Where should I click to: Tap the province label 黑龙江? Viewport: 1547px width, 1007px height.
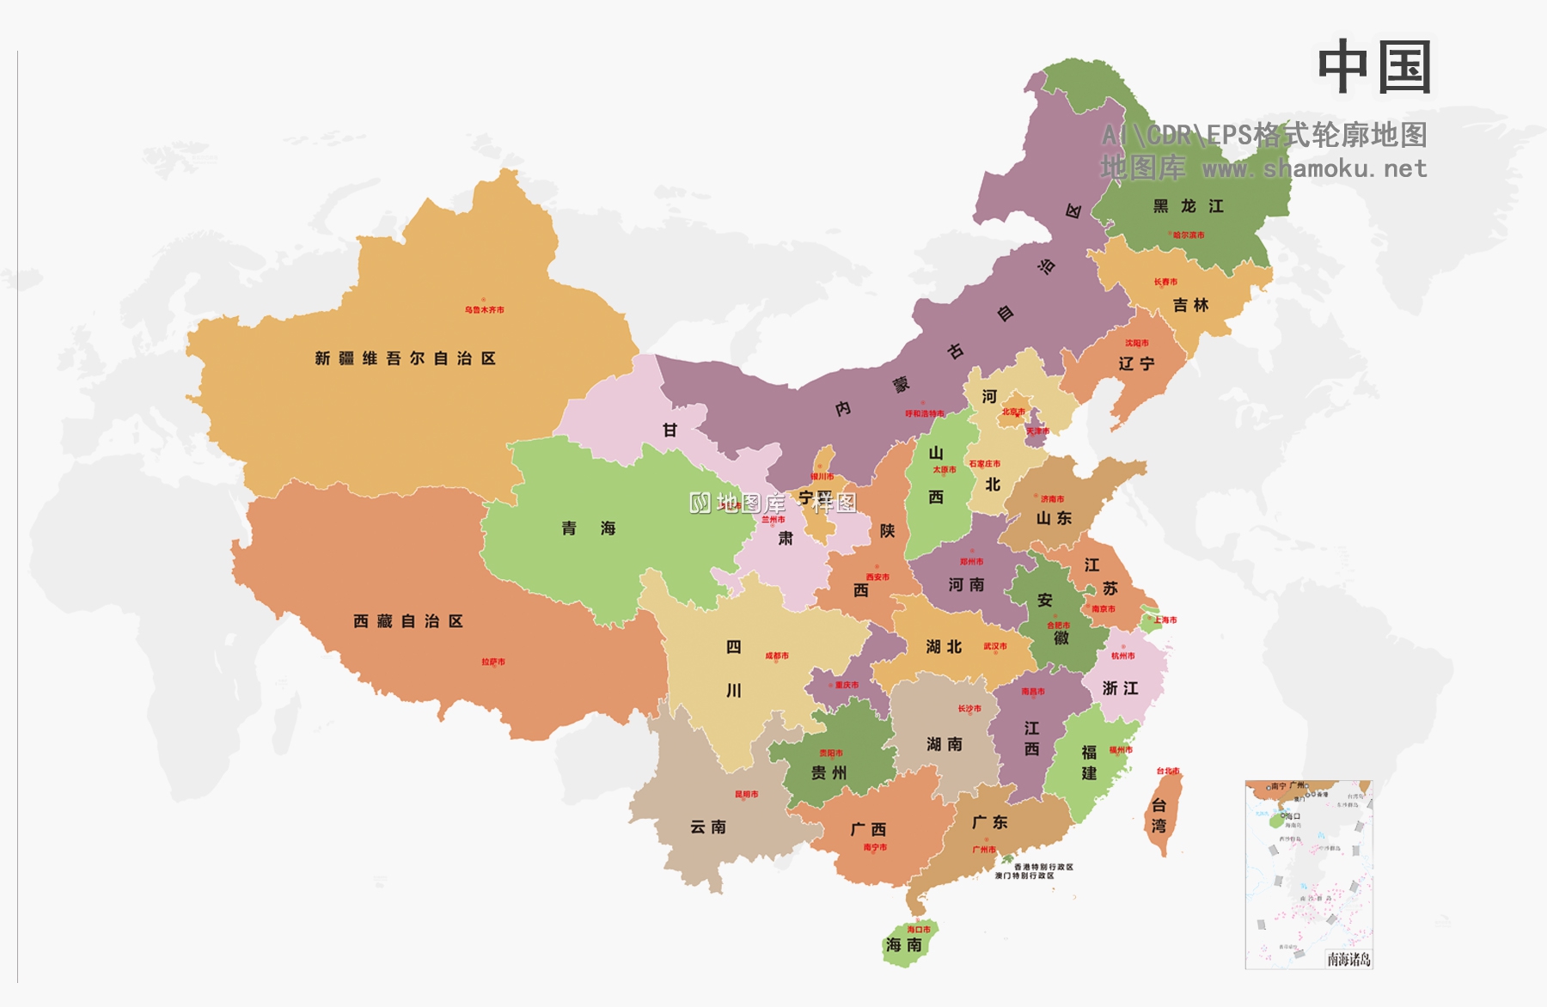(x=1189, y=206)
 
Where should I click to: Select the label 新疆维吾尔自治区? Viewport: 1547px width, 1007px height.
(x=405, y=358)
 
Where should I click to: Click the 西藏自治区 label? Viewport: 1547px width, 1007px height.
(x=408, y=621)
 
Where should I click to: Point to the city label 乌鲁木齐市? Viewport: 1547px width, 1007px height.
(x=485, y=309)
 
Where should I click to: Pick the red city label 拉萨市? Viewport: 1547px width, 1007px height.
(x=493, y=662)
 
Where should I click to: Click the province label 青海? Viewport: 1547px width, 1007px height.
(x=589, y=528)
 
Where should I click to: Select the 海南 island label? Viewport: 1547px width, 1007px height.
(x=903, y=945)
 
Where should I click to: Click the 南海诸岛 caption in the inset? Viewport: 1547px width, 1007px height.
(x=1348, y=959)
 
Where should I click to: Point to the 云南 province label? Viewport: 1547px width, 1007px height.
(x=708, y=827)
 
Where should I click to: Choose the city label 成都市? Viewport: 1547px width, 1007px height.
(x=777, y=656)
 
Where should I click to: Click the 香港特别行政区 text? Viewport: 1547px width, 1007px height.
(x=1043, y=867)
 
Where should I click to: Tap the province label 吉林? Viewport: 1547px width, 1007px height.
(x=1190, y=305)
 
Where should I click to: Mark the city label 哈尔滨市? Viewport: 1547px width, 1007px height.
(x=1189, y=235)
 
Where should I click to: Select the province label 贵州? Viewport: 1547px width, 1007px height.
(x=829, y=773)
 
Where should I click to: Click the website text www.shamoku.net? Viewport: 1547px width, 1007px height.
(x=1314, y=168)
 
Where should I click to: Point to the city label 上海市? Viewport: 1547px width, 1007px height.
(x=1165, y=619)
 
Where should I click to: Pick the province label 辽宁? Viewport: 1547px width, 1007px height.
(x=1136, y=363)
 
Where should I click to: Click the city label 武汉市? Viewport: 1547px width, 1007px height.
(x=995, y=646)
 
